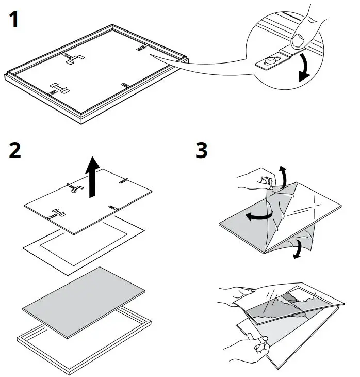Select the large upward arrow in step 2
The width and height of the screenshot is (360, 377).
point(93,176)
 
